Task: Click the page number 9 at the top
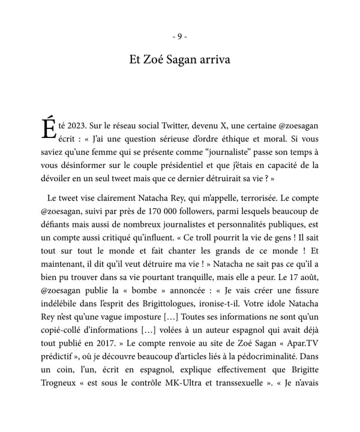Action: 180,37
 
